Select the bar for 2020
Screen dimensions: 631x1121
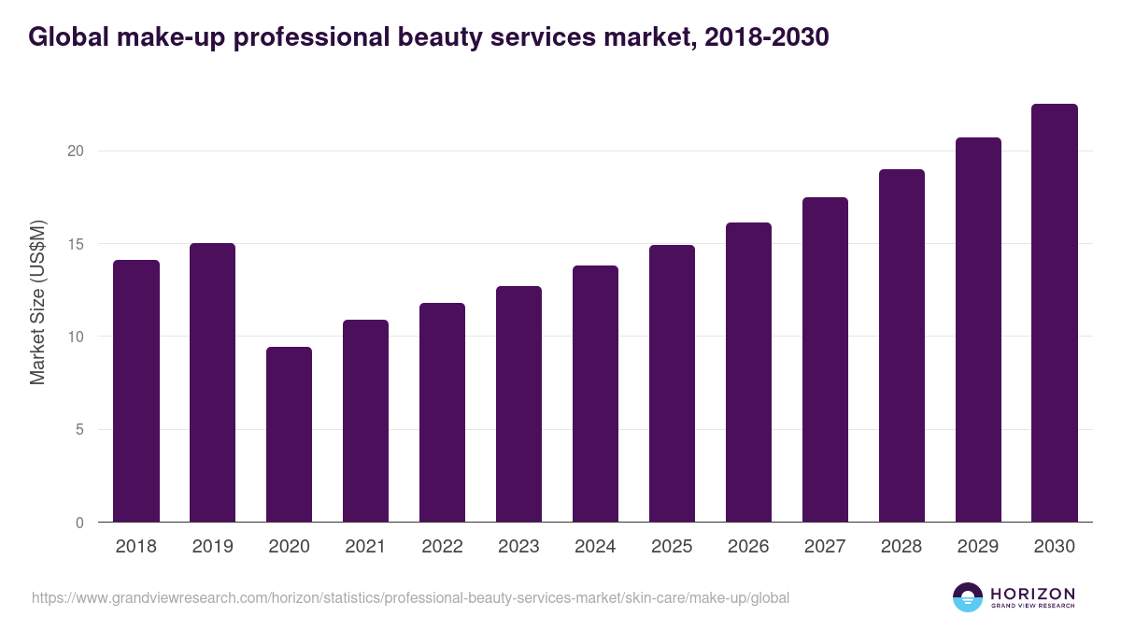pos(289,435)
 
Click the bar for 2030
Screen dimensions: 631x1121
pos(1055,313)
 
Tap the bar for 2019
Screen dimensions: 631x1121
pos(212,383)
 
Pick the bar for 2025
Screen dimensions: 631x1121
pos(672,383)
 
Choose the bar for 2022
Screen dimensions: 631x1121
pos(442,412)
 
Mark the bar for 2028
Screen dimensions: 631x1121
pos(901,346)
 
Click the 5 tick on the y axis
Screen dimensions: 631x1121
pos(80,430)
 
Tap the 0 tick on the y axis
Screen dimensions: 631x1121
pos(80,523)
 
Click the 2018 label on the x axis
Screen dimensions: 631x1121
pos(135,547)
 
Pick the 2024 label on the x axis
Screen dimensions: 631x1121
pos(595,547)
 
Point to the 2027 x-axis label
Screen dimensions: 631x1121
pos(825,547)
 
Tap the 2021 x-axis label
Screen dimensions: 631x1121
pos(365,547)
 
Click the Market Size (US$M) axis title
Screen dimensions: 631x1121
pos(38,301)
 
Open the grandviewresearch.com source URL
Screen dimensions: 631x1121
pos(411,597)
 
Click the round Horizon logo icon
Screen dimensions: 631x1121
pos(968,597)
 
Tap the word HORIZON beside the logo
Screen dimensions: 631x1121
pos(1032,594)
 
